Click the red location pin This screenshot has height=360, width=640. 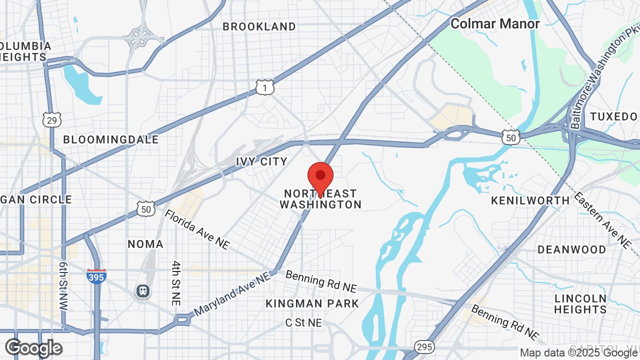click(x=320, y=178)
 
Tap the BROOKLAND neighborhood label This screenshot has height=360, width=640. click(x=259, y=26)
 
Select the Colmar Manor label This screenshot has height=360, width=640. click(x=495, y=23)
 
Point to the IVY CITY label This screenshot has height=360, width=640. click(x=261, y=161)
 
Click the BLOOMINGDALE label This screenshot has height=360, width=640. click(x=110, y=139)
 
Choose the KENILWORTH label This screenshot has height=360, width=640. click(x=530, y=200)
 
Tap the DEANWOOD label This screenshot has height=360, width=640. click(x=571, y=249)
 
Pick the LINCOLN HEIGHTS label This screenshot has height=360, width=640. click(x=580, y=304)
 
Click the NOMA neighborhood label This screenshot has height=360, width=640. click(x=145, y=244)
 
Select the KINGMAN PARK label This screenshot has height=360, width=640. click(x=312, y=303)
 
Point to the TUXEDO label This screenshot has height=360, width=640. click(x=613, y=117)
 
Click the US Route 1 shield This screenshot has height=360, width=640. click(x=264, y=87)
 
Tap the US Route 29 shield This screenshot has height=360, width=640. click(x=52, y=119)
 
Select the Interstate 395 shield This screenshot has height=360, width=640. click(x=96, y=276)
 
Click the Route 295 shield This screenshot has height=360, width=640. click(x=424, y=347)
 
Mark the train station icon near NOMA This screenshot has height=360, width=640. click(x=143, y=291)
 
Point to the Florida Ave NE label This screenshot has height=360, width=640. click(x=197, y=229)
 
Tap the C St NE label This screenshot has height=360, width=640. click(x=303, y=323)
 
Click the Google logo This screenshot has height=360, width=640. click(x=33, y=348)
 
